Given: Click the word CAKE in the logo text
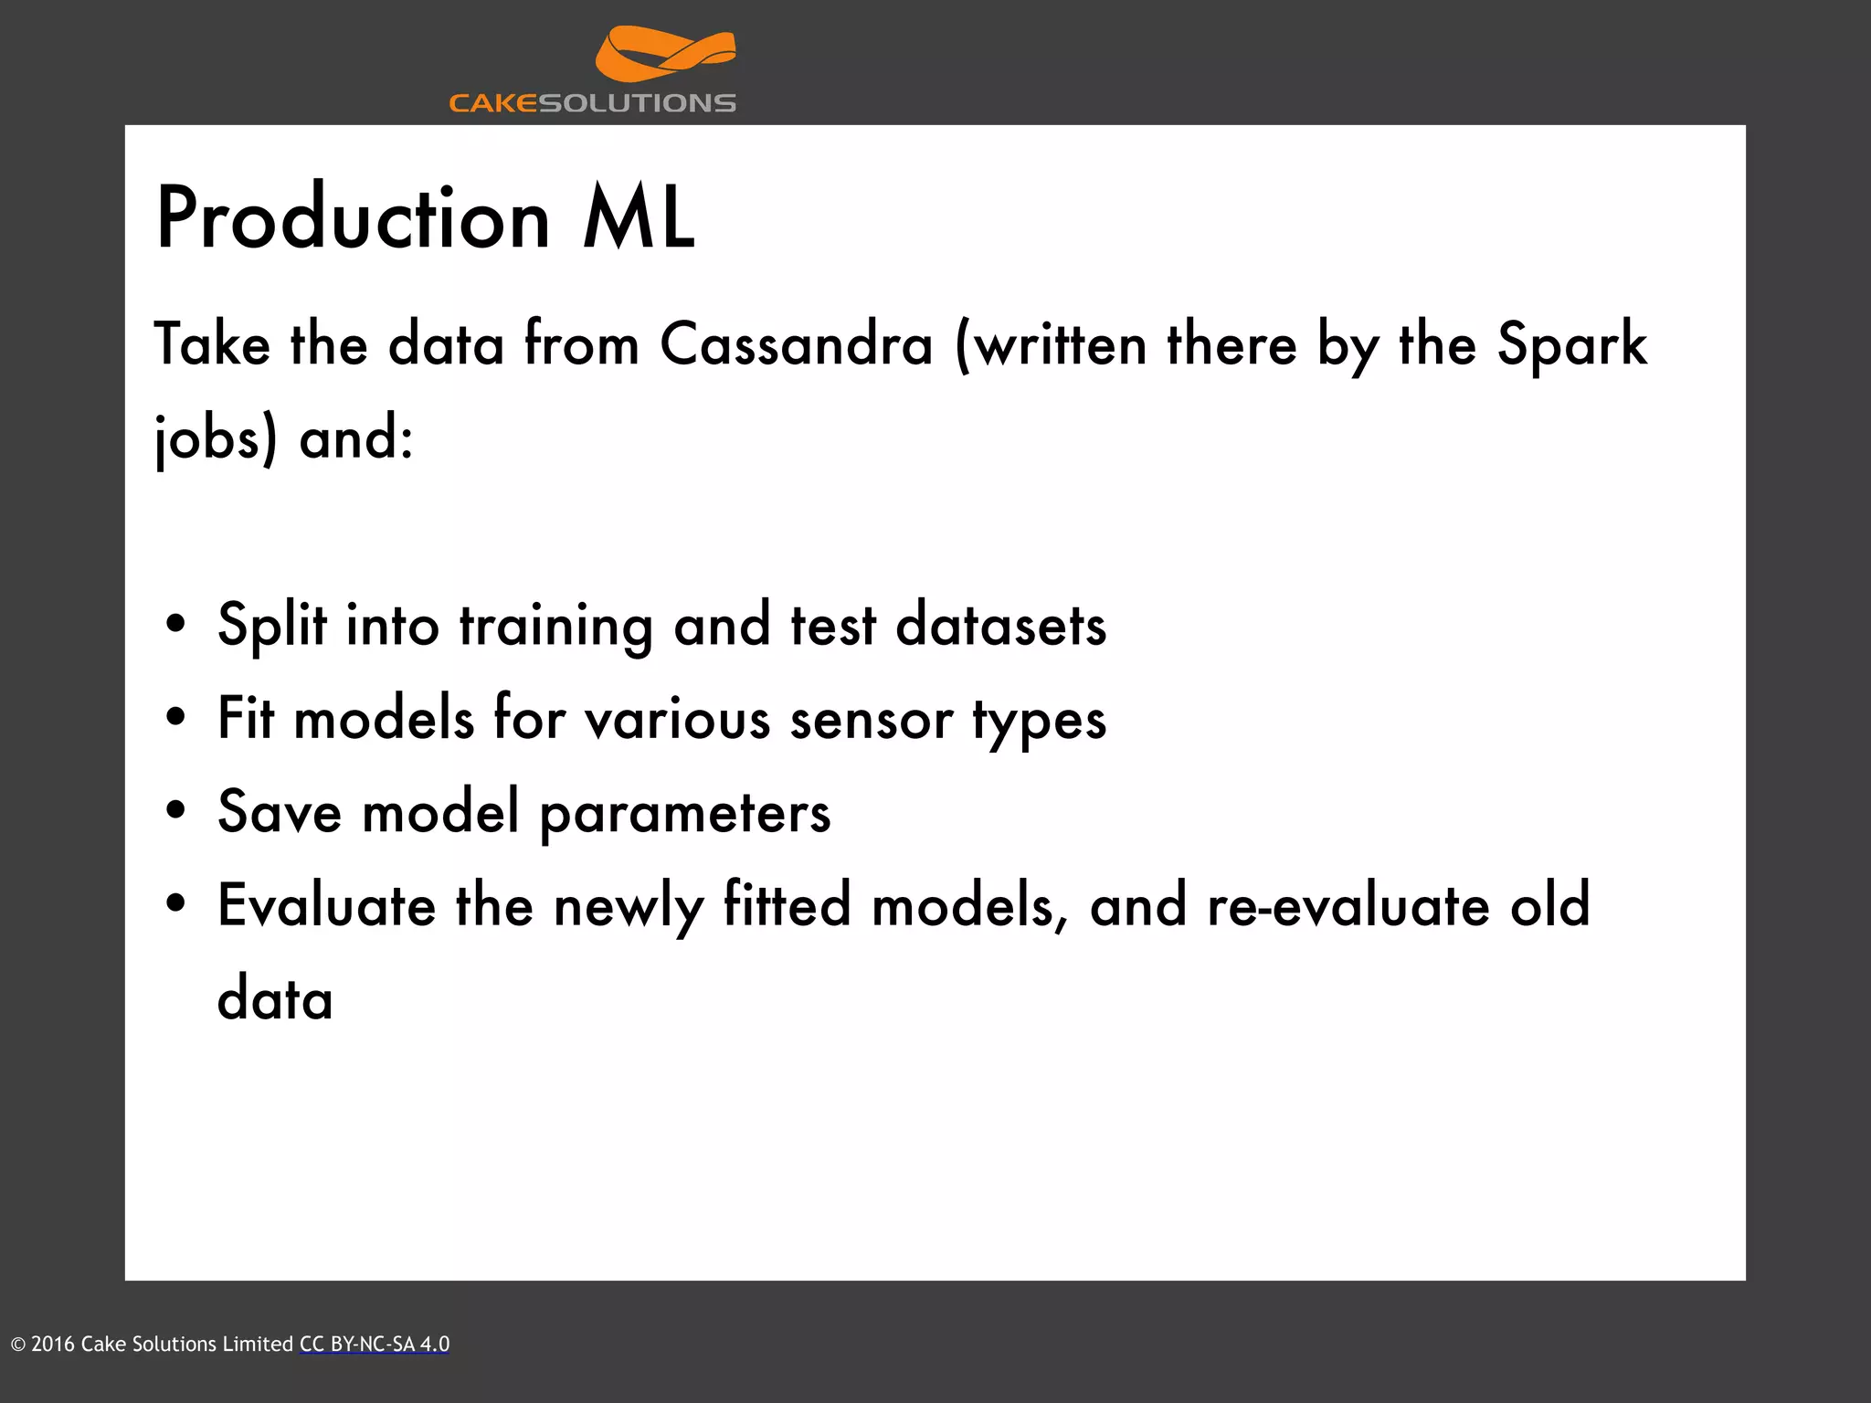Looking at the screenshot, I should click(493, 103).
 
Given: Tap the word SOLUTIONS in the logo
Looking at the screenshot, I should click(637, 103).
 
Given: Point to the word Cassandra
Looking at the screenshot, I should click(797, 345).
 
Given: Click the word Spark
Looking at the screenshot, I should click(1571, 345).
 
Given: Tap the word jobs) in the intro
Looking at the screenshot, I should click(216, 438).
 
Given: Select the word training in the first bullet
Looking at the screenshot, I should click(555, 627).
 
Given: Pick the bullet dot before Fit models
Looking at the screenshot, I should click(176, 718).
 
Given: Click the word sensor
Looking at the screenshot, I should click(872, 720).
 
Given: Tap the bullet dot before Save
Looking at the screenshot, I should click(176, 811).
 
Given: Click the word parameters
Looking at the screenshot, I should click(685, 813).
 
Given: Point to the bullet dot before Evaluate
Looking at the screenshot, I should click(176, 904).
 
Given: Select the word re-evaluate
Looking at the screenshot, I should click(1348, 906).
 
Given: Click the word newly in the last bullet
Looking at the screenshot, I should click(629, 906).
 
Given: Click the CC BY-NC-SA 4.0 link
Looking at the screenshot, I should click(375, 1344).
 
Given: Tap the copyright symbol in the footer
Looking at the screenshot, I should click(18, 1345).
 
